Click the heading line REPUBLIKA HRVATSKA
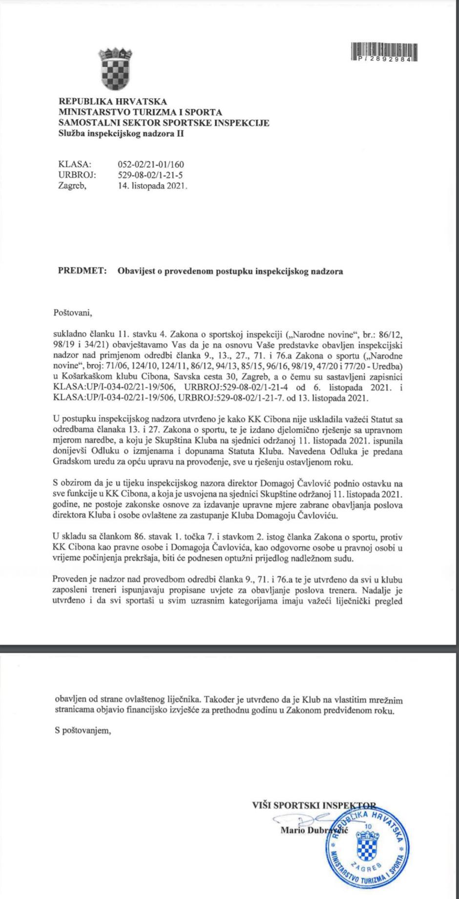click(x=113, y=102)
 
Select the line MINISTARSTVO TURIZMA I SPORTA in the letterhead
click(x=140, y=112)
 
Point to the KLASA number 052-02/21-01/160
click(x=151, y=165)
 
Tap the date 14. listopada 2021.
click(x=153, y=186)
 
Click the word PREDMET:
click(x=83, y=271)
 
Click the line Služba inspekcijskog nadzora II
click(x=121, y=133)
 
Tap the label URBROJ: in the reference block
click(x=77, y=175)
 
